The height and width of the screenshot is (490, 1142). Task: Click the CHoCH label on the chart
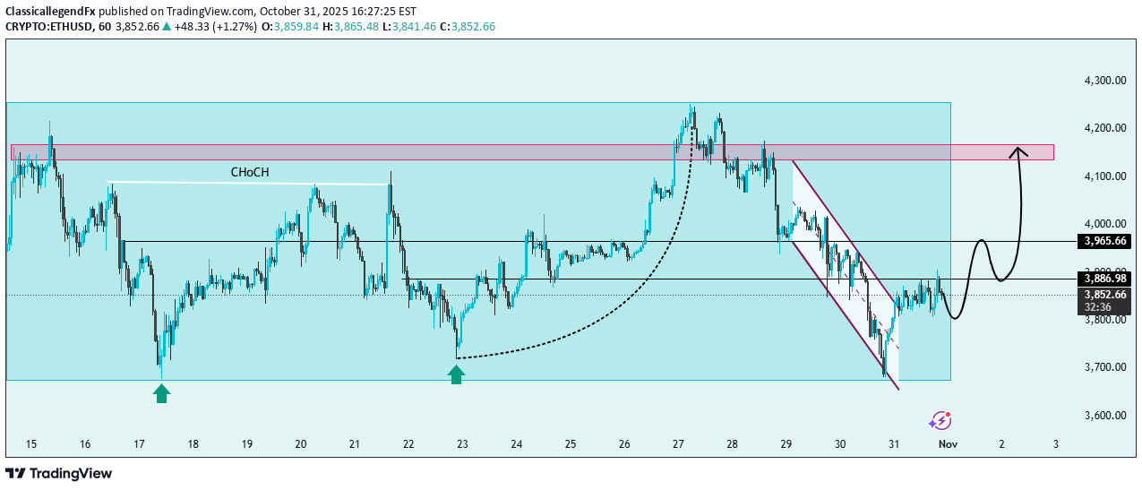[250, 171]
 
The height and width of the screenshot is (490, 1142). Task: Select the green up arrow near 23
[457, 375]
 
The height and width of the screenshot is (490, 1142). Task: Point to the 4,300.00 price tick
[1103, 81]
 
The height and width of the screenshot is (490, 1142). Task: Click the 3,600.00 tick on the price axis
[1103, 416]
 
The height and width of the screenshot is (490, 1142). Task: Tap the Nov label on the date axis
[947, 444]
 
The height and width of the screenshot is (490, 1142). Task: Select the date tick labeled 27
[678, 444]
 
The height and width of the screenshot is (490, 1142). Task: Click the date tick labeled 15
[31, 444]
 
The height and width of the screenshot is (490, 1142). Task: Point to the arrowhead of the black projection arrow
[1018, 150]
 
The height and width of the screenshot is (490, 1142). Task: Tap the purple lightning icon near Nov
[940, 420]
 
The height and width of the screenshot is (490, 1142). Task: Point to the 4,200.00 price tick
[1103, 128]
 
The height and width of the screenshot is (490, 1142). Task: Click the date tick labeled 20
[301, 444]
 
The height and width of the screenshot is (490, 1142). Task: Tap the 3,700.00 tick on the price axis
[1103, 367]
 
